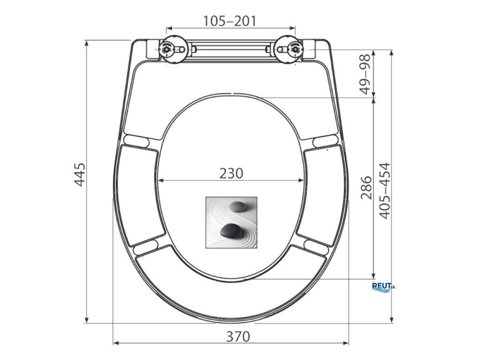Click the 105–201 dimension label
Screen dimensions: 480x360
tap(230, 21)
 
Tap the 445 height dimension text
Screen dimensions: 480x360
tap(80, 174)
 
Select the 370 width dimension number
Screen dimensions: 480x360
tap(238, 337)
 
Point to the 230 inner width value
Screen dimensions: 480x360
tap(231, 173)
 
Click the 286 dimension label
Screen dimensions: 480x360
tap(366, 187)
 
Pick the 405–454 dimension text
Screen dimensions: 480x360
tap(385, 191)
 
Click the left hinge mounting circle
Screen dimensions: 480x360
tap(166, 49)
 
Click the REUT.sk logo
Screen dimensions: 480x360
tap(383, 287)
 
